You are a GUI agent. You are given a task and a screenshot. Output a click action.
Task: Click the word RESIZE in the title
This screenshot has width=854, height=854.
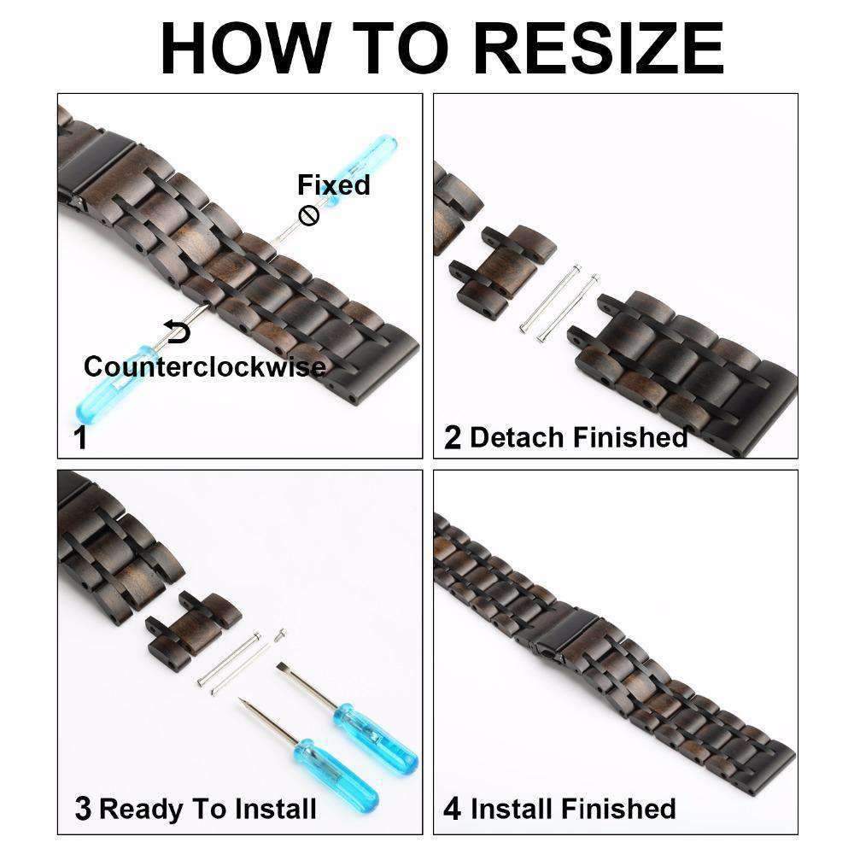pyautogui.click(x=600, y=48)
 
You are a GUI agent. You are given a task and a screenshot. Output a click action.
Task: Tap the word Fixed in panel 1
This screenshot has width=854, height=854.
pyautogui.click(x=333, y=184)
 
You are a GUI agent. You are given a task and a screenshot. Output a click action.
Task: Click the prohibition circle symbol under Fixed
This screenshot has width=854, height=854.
pyautogui.click(x=309, y=216)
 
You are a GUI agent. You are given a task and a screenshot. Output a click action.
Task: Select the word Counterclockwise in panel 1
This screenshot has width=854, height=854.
pyautogui.click(x=205, y=366)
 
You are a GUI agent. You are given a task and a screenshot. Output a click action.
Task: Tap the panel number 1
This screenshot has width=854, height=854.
pyautogui.click(x=80, y=437)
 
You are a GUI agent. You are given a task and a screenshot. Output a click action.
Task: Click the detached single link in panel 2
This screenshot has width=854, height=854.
pyautogui.click(x=502, y=272)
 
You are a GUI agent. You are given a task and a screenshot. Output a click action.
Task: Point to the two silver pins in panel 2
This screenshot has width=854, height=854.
pyautogui.click(x=560, y=303)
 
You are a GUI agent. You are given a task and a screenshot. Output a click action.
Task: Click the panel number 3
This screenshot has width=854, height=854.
pyautogui.click(x=83, y=808)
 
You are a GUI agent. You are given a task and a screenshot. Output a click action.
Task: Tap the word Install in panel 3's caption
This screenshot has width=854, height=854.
pyautogui.click(x=279, y=808)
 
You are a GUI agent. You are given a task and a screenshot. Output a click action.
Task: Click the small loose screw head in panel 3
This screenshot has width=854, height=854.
pyautogui.click(x=280, y=635)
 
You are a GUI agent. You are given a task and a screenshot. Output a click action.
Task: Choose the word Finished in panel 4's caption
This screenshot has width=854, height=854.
pyautogui.click(x=618, y=808)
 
